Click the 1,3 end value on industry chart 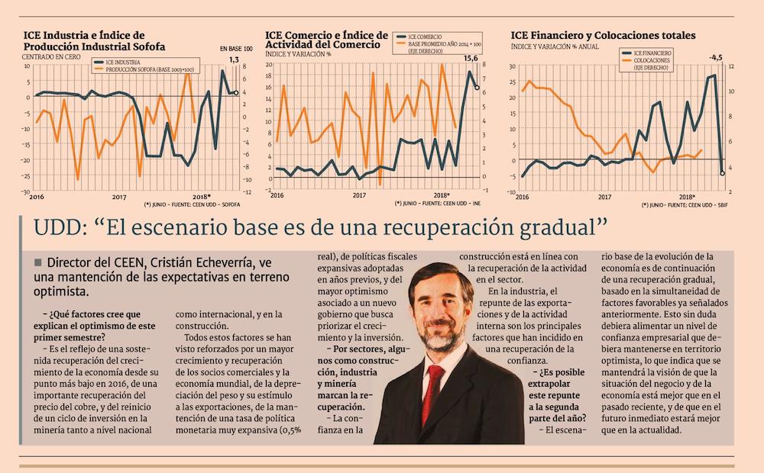click(x=234, y=60)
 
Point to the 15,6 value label click(x=471, y=59)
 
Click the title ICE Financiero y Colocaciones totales click(x=603, y=35)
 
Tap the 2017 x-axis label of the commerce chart click(x=359, y=196)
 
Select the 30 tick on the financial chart click(x=512, y=66)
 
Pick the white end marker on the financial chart click(x=722, y=173)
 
